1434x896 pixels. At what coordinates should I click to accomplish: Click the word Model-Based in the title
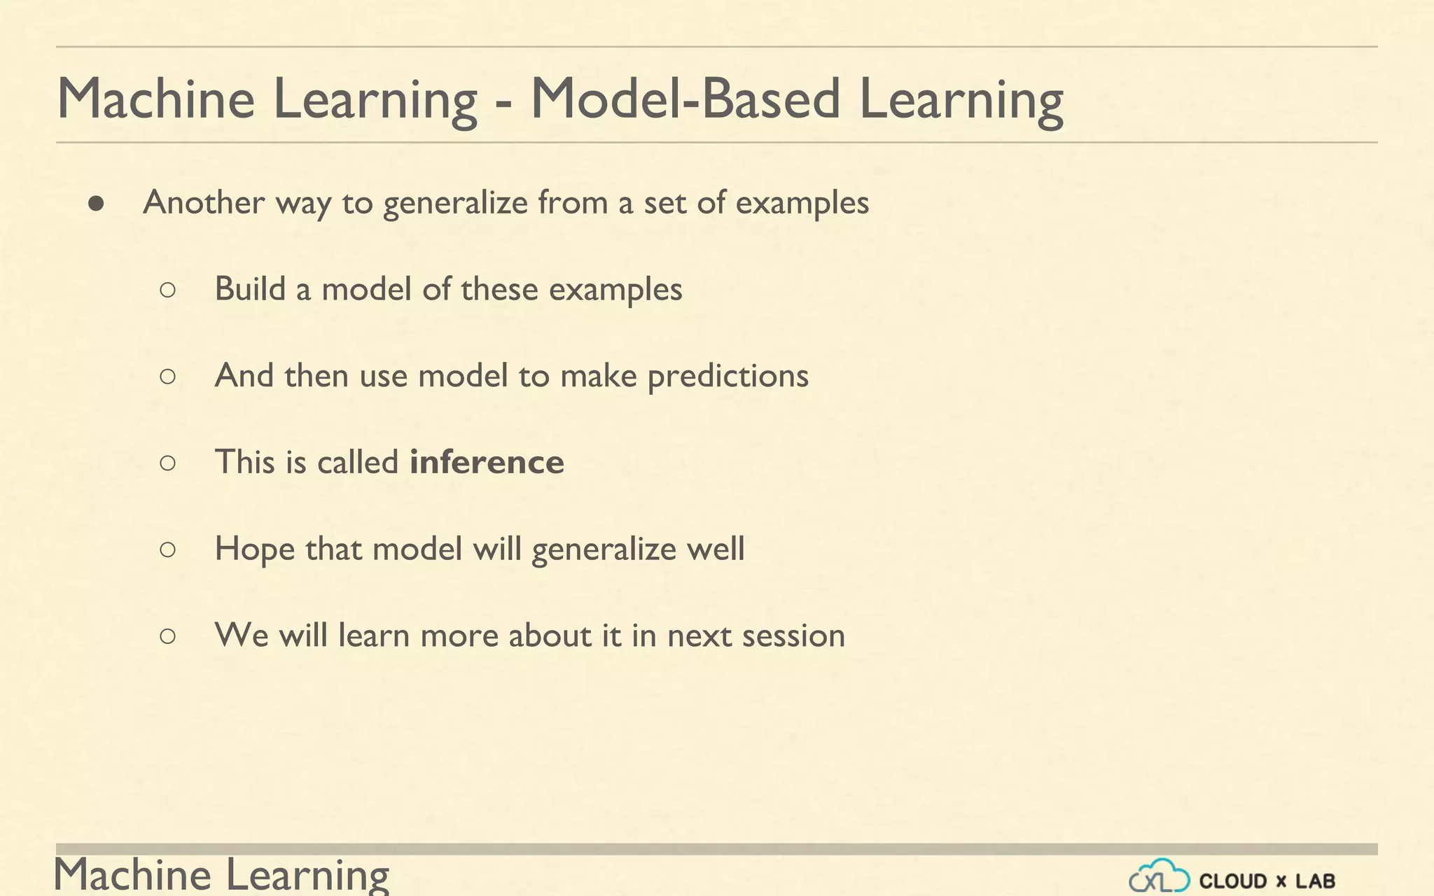coord(685,99)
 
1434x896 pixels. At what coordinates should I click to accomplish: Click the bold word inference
coord(487,463)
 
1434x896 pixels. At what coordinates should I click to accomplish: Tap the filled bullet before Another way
coord(97,204)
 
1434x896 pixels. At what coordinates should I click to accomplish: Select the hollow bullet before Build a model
coord(167,290)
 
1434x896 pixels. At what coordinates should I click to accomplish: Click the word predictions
coord(728,377)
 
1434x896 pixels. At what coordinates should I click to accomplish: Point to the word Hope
coord(254,549)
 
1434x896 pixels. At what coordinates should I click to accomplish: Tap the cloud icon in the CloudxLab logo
coord(1159,876)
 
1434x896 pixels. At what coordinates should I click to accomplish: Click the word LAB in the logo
coord(1315,881)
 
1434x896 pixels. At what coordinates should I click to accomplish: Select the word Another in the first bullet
coord(204,203)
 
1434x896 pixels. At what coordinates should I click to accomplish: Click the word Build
coord(250,289)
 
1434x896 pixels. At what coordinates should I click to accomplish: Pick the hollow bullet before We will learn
coord(167,636)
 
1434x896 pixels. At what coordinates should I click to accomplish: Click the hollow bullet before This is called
coord(167,463)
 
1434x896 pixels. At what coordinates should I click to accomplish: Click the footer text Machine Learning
coord(221,875)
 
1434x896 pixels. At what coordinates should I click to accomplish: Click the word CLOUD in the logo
coord(1233,881)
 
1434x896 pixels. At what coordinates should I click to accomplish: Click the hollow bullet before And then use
coord(167,377)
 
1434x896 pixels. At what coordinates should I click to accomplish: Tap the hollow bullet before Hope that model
coord(167,549)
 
